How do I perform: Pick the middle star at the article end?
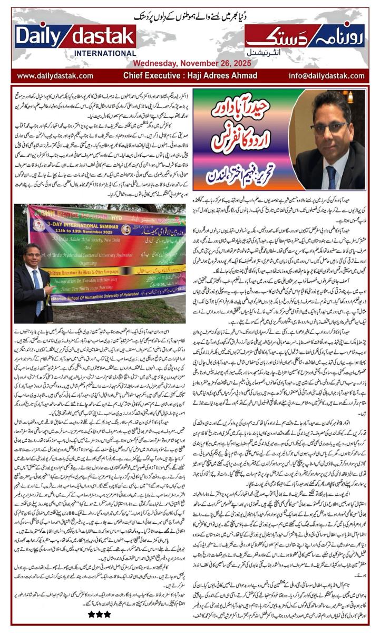click(x=99, y=614)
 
